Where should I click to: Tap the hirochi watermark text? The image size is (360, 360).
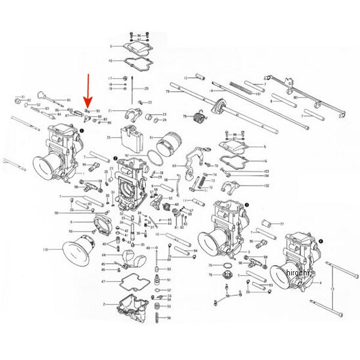point(298,273)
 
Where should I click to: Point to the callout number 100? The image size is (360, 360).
point(46,249)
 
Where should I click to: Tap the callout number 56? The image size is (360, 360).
point(169,318)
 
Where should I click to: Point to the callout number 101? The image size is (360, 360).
point(258,94)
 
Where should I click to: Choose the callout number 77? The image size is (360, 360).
point(281,224)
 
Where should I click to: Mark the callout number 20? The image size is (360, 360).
point(146,88)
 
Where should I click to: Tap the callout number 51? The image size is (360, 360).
point(169,280)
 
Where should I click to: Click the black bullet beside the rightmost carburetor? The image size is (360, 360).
point(320,241)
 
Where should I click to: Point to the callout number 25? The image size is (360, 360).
point(109,138)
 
